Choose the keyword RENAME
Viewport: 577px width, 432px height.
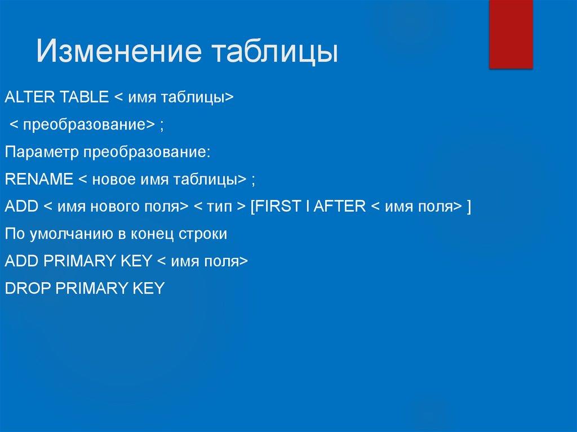point(39,180)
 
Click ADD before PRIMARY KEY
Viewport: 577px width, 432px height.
point(21,261)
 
